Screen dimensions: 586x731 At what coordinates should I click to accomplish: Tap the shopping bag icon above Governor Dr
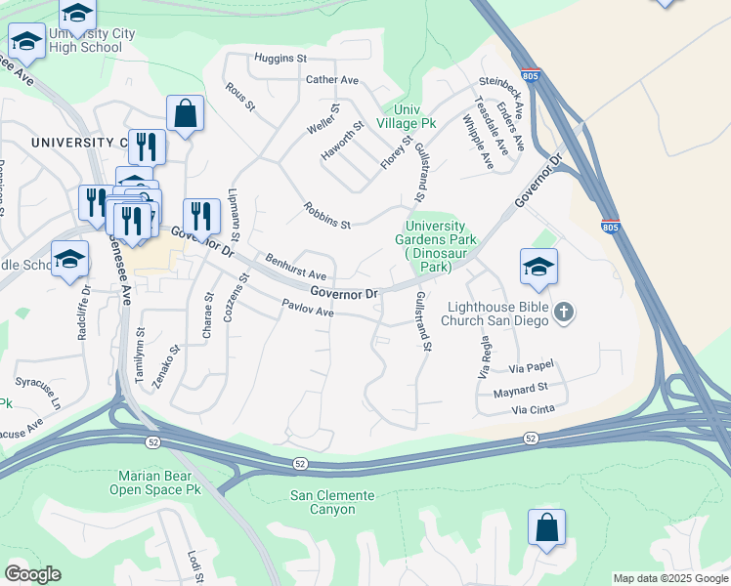pyautogui.click(x=185, y=114)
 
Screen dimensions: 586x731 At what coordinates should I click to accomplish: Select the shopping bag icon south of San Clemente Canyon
pyautogui.click(x=546, y=528)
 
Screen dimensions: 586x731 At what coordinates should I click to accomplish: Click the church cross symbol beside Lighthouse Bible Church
pyautogui.click(x=563, y=313)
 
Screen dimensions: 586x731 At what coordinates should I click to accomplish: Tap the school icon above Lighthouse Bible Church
pyautogui.click(x=538, y=268)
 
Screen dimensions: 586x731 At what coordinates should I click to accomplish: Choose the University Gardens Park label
pyautogui.click(x=435, y=245)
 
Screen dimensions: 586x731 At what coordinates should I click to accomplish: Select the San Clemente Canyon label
pyautogui.click(x=331, y=502)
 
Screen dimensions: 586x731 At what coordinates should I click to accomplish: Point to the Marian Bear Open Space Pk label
pyautogui.click(x=158, y=482)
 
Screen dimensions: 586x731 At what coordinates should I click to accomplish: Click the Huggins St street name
pyautogui.click(x=280, y=59)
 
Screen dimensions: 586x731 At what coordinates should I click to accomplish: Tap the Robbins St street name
pyautogui.click(x=326, y=217)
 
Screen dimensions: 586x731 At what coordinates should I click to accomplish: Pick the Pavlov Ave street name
pyautogui.click(x=308, y=310)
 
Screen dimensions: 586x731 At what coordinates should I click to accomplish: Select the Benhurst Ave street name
pyautogui.click(x=295, y=269)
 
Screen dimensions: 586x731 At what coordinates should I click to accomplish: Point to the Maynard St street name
pyautogui.click(x=520, y=391)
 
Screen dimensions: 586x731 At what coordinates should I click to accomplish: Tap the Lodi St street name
pyautogui.click(x=193, y=566)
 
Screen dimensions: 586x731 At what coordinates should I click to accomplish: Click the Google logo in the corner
pyautogui.click(x=32, y=574)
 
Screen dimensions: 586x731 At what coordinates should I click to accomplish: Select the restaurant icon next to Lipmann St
pyautogui.click(x=200, y=217)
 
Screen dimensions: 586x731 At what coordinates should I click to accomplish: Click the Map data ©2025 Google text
pyautogui.click(x=669, y=578)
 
